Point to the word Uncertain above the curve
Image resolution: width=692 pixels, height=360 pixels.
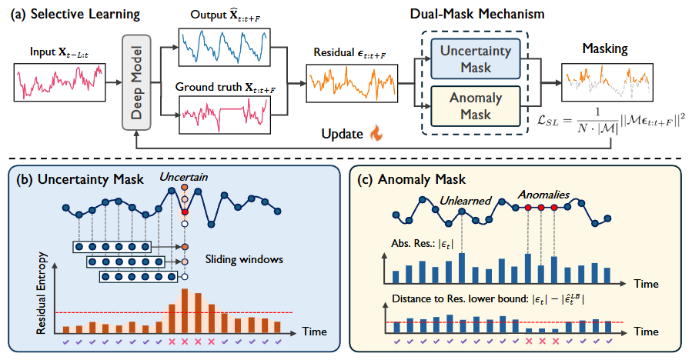point(182,177)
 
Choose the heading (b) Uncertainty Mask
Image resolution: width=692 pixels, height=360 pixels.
point(80,180)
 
